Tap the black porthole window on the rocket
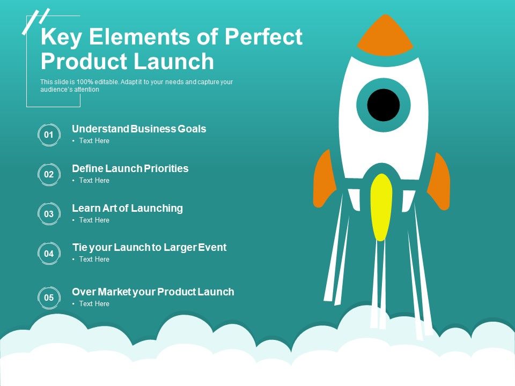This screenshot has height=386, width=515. pos(384,105)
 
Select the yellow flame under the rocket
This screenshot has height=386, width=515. pos(381,206)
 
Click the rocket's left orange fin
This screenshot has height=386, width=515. pos(324,179)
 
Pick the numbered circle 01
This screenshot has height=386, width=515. pos(49,135)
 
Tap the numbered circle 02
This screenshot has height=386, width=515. pos(49,174)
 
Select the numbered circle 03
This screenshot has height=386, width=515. pos(49,214)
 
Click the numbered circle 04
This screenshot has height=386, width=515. pos(49,254)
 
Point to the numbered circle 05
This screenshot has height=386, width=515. pos(49,298)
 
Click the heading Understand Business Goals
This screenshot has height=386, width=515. pos(139,129)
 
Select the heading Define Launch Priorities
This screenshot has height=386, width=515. pos(130,168)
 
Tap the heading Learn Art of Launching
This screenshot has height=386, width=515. pos(127,208)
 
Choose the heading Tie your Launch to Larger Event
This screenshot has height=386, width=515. pos(149,247)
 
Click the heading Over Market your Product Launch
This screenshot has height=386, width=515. pos(153,292)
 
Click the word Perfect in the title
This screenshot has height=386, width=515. pos(263,38)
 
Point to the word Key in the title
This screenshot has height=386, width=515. pos(58,38)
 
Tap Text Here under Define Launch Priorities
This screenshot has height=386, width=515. pos(94,181)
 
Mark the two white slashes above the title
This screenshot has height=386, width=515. pos(35,21)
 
